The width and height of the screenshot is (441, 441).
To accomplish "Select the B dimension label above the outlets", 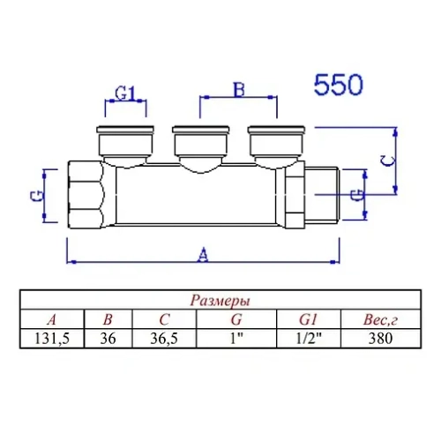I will [236, 90].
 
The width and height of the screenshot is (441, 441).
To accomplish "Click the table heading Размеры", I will [220, 301].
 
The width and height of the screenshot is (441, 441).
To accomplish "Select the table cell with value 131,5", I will [52, 337].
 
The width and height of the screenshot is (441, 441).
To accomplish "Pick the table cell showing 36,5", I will [163, 337].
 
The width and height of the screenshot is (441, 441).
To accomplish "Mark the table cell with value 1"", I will [235, 337].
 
